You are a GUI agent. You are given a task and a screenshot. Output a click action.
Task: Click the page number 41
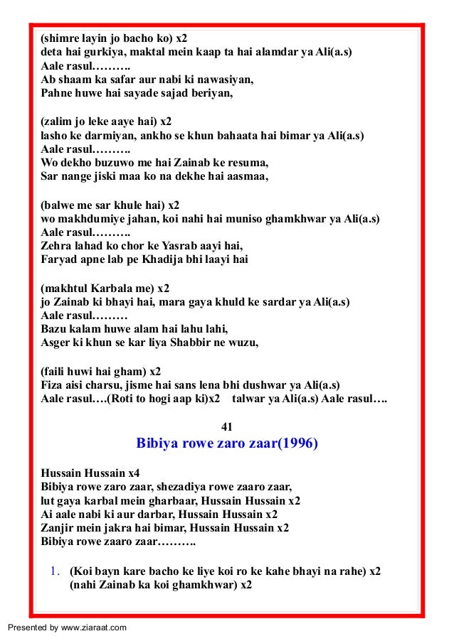pos(228,426)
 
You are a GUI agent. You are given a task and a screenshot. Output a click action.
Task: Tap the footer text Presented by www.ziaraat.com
pos(67,627)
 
